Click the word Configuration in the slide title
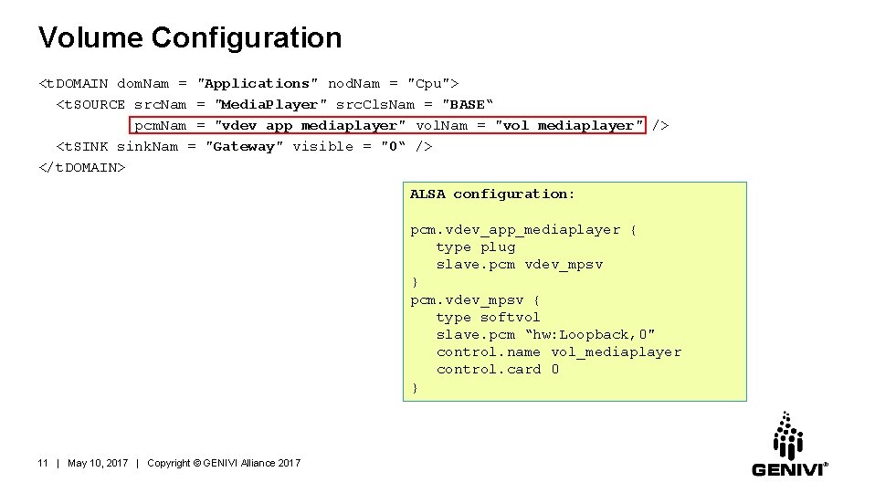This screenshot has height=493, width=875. (247, 37)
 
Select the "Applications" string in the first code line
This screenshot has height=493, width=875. (258, 83)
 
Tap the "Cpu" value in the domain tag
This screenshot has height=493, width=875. (430, 83)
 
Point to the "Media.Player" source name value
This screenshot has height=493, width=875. (270, 104)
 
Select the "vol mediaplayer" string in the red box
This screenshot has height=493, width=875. (569, 125)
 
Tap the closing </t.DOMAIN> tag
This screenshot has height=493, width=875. (82, 167)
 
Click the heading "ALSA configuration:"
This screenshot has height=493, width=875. (492, 194)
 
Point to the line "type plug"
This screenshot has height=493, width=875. (475, 246)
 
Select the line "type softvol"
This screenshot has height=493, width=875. (488, 317)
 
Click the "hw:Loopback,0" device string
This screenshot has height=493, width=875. (590, 334)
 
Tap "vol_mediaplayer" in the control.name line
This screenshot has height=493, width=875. (616, 351)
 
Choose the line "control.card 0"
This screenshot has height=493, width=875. (497, 369)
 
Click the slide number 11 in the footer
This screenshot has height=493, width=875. (43, 463)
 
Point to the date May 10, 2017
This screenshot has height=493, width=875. (98, 463)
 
